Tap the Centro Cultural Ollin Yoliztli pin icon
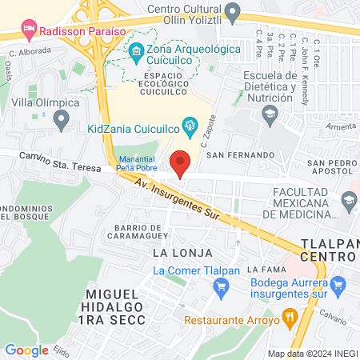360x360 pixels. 233,12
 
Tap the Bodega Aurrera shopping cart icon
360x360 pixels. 338,283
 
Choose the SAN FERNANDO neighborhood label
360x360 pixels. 241,154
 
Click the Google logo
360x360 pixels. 26,350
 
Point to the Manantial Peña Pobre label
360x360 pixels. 137,164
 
